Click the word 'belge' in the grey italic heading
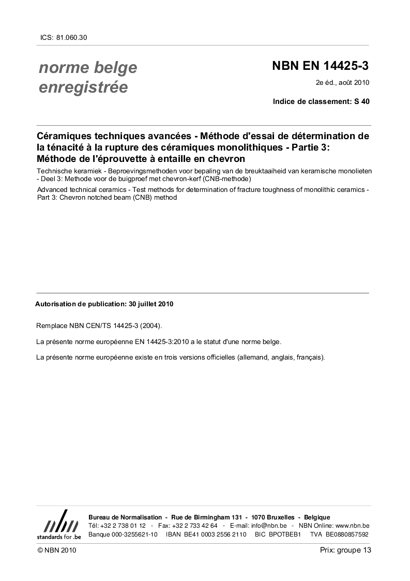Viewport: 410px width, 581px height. point(117,67)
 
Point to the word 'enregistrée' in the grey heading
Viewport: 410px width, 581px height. point(83,87)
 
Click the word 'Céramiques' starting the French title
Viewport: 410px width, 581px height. point(60,137)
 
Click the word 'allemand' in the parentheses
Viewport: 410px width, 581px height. point(252,357)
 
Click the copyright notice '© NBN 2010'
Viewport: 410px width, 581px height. point(57,550)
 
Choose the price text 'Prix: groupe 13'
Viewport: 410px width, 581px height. point(345,550)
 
